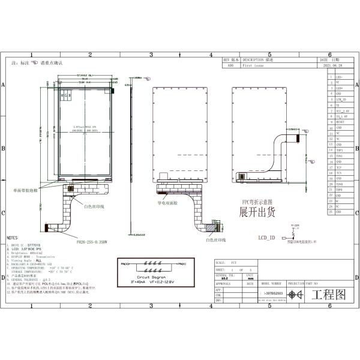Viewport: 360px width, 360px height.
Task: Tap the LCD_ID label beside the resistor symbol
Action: coord(266,238)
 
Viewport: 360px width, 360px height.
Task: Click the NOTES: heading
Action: coord(13,238)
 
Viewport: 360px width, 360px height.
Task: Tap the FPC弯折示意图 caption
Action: coord(257,202)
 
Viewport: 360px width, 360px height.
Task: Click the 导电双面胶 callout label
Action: coord(169,203)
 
